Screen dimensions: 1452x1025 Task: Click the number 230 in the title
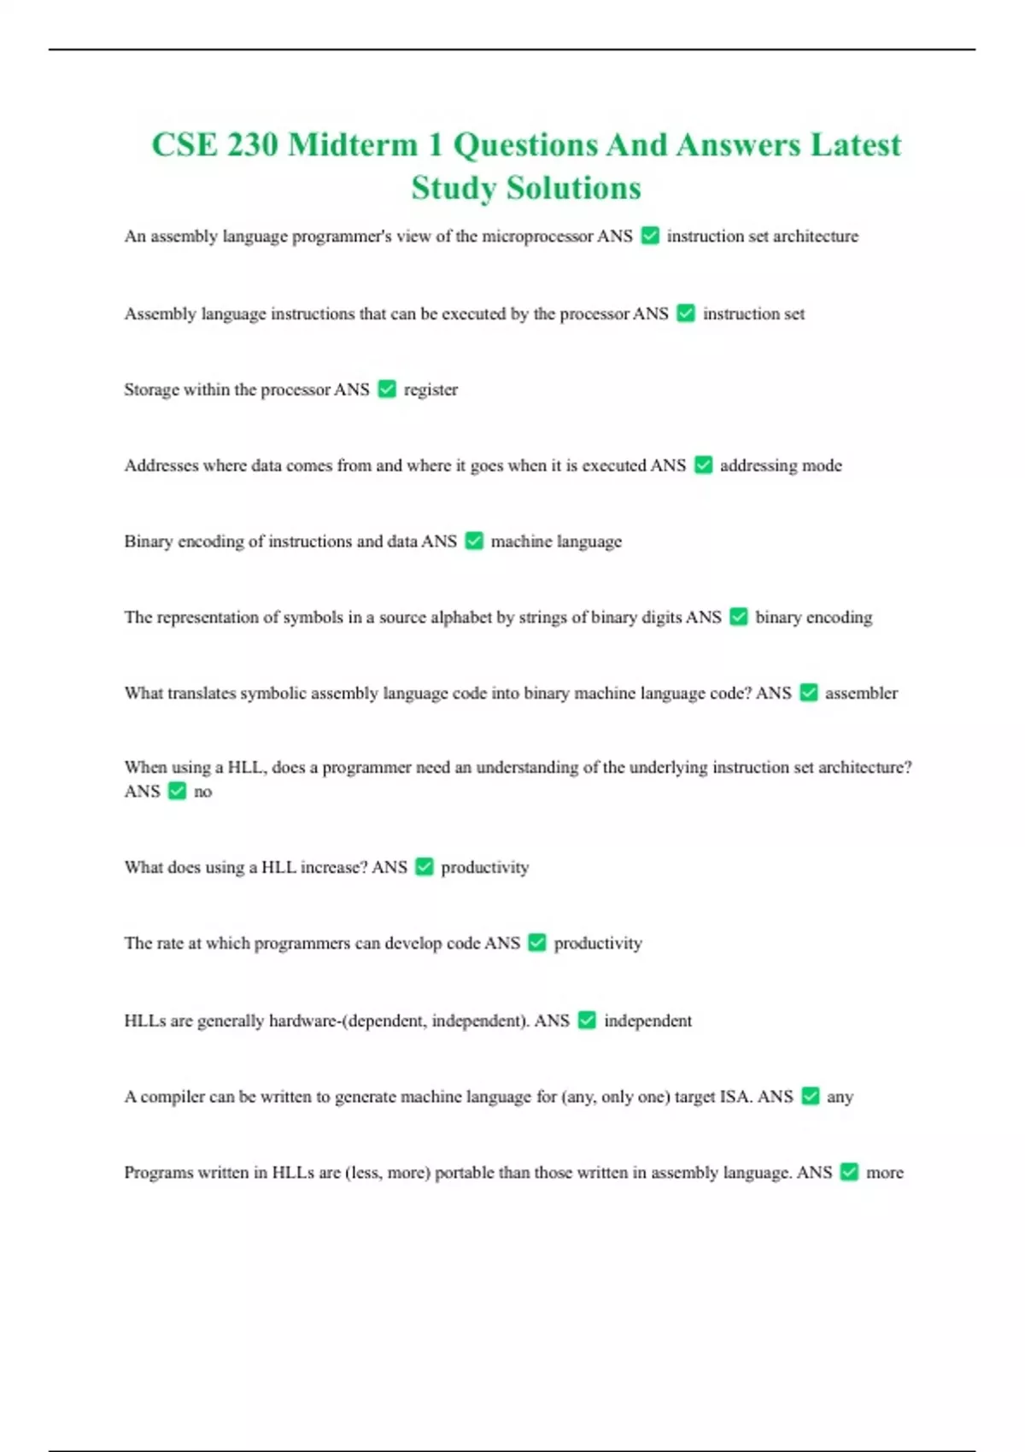click(252, 145)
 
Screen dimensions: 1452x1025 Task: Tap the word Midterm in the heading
click(353, 145)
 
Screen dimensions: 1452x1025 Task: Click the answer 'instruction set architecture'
click(762, 236)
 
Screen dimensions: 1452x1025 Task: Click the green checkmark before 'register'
click(387, 389)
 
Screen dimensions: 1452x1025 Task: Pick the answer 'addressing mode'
click(781, 465)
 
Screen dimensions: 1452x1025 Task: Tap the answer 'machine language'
click(556, 542)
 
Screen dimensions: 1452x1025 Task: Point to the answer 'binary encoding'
click(813, 618)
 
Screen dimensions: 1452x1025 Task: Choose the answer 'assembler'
click(861, 693)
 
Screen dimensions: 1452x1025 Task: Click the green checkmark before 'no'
click(177, 791)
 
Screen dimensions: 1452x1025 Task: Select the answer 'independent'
click(647, 1021)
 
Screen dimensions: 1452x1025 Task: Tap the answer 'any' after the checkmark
click(840, 1097)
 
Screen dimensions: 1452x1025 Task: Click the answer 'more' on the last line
click(884, 1173)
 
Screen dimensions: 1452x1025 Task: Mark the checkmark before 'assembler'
click(809, 693)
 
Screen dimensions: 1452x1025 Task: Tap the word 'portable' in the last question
click(465, 1173)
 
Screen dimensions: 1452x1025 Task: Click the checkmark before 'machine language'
click(474, 542)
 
